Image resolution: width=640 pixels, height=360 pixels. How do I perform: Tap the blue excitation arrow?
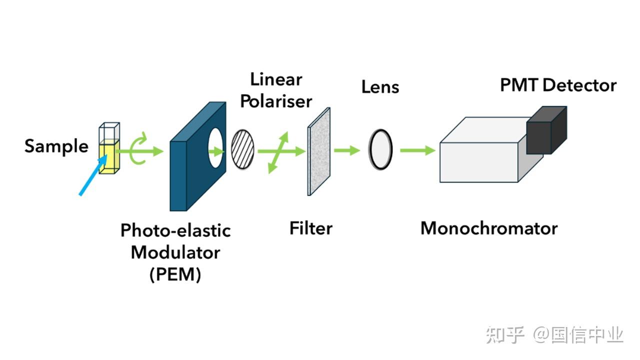tap(93, 175)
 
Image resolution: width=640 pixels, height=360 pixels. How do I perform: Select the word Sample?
tap(56, 146)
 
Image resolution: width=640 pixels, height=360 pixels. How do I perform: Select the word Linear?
tap(276, 79)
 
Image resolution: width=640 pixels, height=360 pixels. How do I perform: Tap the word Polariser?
tap(276, 101)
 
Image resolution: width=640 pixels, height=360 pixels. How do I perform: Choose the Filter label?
tap(310, 228)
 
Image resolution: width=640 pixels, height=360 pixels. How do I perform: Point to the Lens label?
tap(380, 87)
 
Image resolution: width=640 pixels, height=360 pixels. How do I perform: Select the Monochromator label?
tap(488, 228)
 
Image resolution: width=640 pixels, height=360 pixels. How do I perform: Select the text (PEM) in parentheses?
tap(175, 274)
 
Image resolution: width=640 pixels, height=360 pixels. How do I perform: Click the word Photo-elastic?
tap(175, 230)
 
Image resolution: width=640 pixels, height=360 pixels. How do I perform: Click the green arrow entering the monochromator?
tap(417, 149)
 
